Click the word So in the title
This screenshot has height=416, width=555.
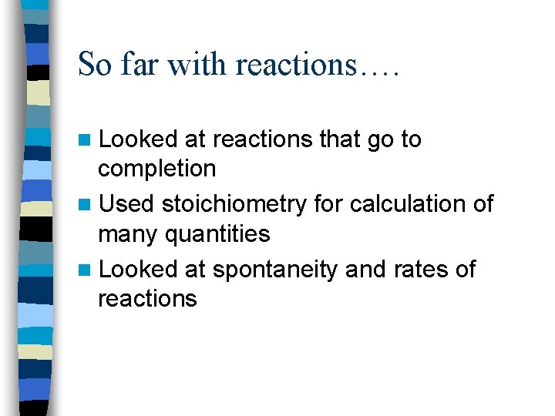(94, 64)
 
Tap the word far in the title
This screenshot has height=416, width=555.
(139, 64)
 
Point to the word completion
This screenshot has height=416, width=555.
(156, 169)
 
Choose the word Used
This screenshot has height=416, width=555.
(127, 204)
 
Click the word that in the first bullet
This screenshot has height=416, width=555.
(339, 139)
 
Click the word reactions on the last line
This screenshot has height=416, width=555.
(147, 299)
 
